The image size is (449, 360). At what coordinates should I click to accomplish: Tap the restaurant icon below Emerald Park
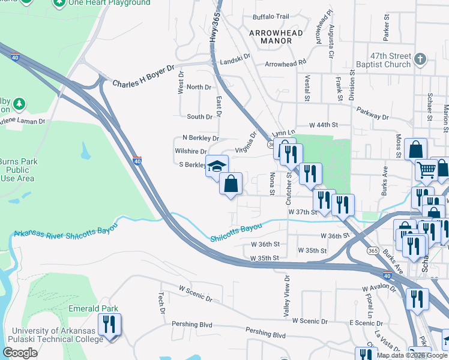pyautogui.click(x=109, y=325)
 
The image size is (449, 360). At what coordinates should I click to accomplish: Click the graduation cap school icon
pyautogui.click(x=217, y=166)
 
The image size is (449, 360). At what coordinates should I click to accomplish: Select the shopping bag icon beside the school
pyautogui.click(x=231, y=183)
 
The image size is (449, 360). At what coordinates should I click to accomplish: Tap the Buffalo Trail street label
pyautogui.click(x=271, y=16)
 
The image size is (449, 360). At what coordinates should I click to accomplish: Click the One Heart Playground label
pyautogui.click(x=109, y=3)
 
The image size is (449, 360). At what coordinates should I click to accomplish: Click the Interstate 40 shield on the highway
pyautogui.click(x=137, y=161)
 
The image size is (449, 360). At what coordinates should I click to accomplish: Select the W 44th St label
pyautogui.click(x=324, y=125)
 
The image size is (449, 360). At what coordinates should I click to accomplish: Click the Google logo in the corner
pyautogui.click(x=20, y=353)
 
